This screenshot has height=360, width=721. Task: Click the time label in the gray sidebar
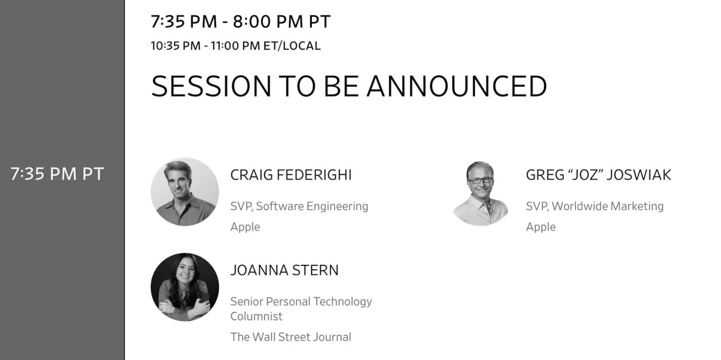point(57,174)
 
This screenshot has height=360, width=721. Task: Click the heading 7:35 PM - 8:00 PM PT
point(240,22)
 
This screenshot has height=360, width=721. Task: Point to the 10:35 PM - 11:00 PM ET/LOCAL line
point(236,46)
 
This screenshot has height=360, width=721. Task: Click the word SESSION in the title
point(211,86)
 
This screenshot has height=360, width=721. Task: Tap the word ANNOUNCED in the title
point(457,86)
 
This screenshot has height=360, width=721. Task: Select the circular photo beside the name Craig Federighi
point(185,192)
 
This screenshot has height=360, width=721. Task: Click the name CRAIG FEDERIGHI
point(291,175)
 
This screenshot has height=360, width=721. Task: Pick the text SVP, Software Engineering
point(299,206)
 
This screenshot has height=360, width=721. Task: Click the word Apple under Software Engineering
point(245,227)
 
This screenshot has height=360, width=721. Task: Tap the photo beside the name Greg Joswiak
point(481,193)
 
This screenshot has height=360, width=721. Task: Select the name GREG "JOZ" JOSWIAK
point(598,175)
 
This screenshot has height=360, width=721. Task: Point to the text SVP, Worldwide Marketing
point(595,206)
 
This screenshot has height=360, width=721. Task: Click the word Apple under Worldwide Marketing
point(541,227)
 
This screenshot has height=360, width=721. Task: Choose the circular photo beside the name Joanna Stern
point(185,287)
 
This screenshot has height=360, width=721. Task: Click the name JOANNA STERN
point(284,270)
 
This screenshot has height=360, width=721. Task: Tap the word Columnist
point(256,316)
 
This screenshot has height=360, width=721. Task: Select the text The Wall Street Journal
point(291,337)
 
